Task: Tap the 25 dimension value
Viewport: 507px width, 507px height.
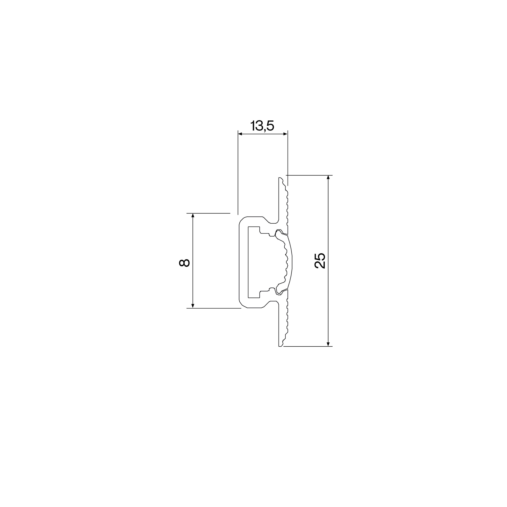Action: (320, 261)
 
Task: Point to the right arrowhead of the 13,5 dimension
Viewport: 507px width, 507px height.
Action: (286, 134)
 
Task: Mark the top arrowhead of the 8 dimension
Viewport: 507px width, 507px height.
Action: (193, 215)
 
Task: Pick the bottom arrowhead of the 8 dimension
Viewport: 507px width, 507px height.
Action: (193, 306)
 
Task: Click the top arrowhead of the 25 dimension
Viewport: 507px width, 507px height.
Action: (328, 177)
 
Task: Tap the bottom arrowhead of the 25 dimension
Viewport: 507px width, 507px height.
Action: (328, 344)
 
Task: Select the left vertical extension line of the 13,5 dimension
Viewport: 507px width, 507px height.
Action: (238, 172)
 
